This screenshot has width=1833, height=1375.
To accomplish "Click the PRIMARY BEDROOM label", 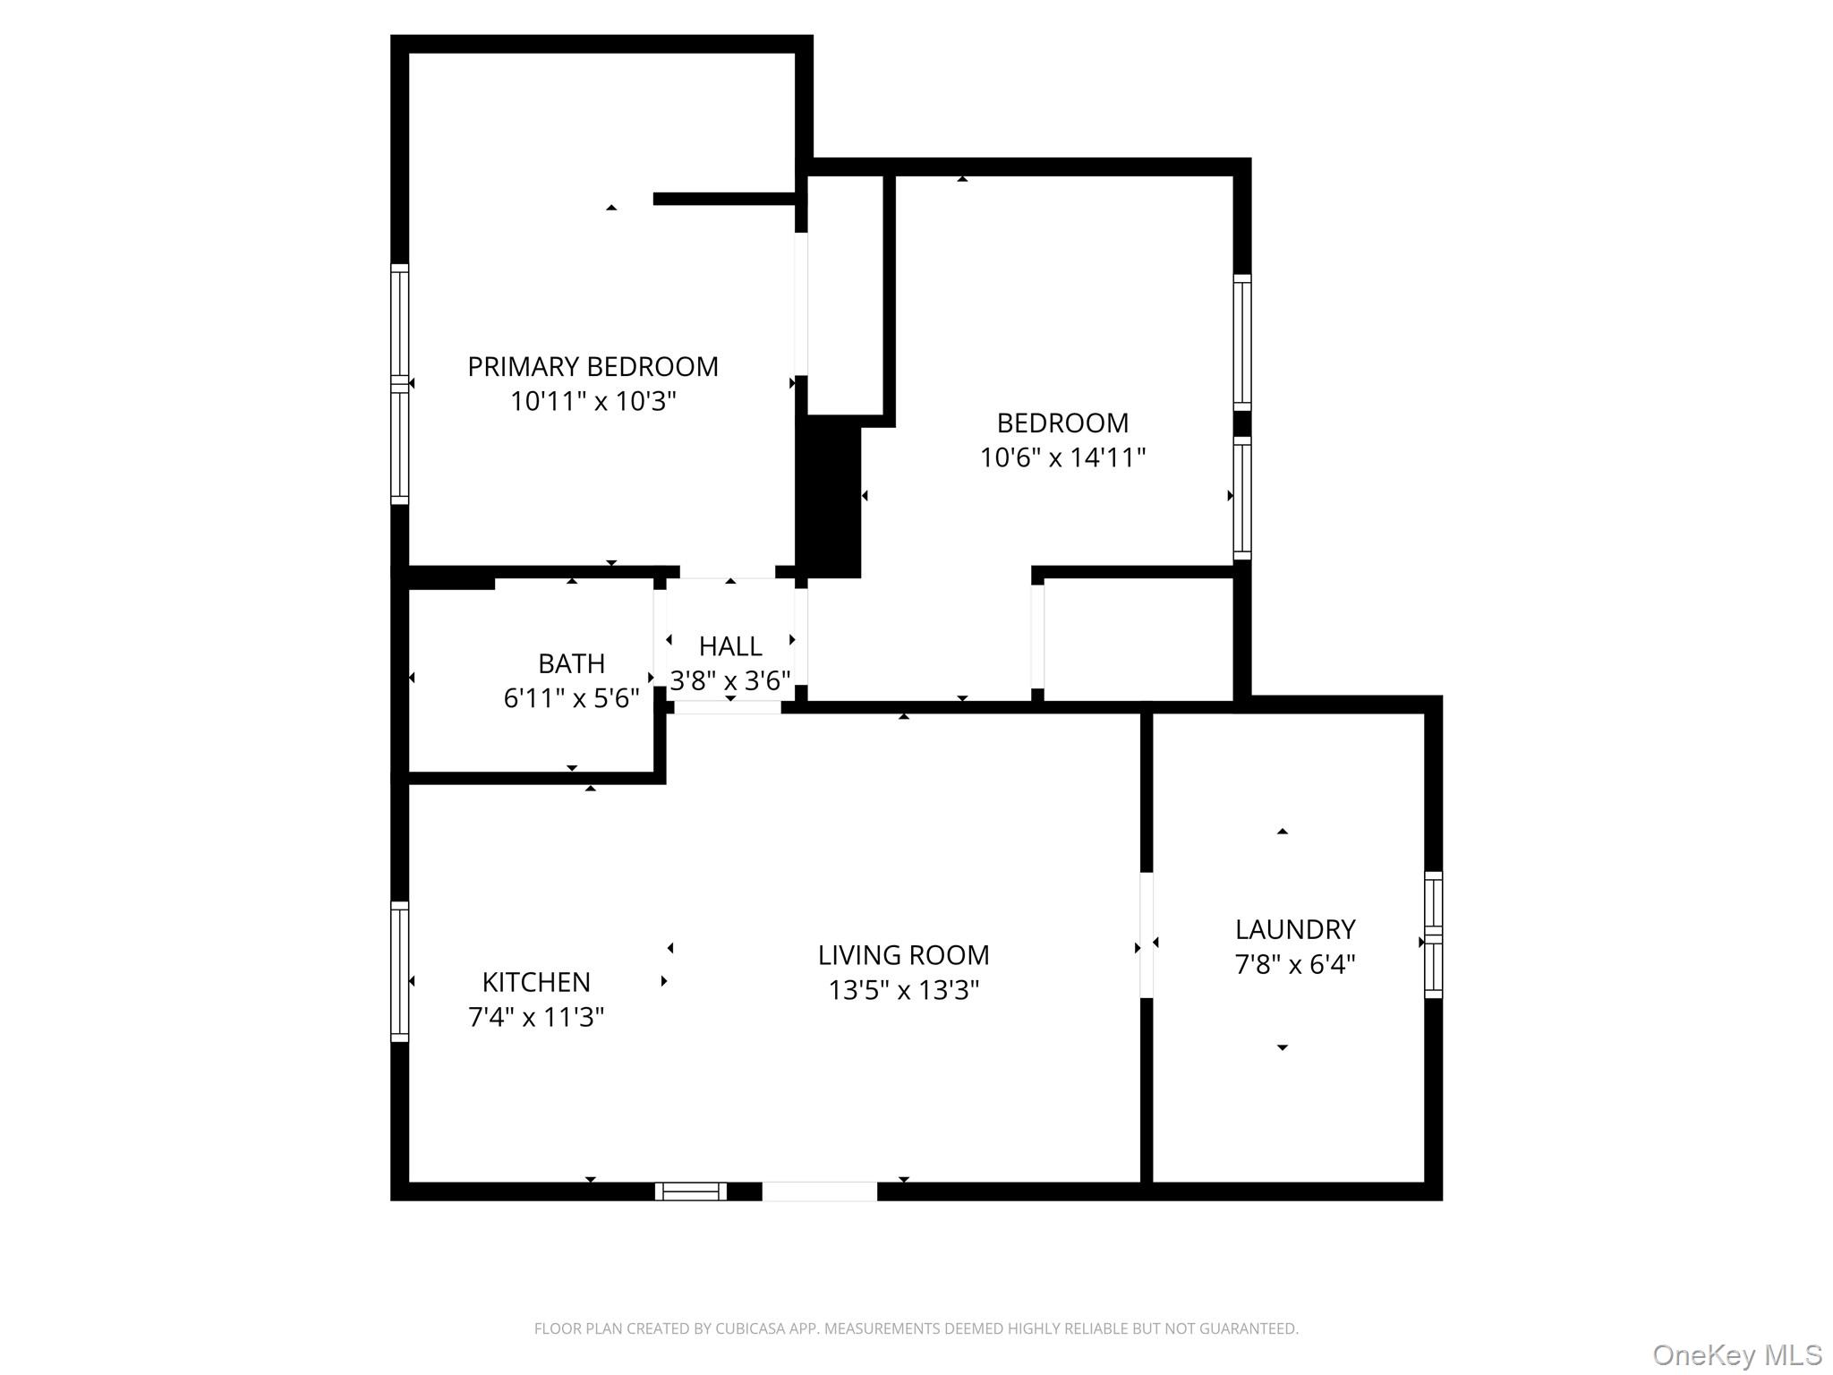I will (593, 367).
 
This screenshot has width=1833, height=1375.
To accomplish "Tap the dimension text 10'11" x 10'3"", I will (593, 402).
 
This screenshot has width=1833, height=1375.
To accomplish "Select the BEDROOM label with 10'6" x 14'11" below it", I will (1062, 423).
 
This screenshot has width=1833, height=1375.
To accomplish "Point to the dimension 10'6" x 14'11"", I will (1062, 458).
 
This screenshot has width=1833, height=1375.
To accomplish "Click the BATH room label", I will (571, 663).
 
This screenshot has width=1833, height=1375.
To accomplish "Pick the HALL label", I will (730, 646).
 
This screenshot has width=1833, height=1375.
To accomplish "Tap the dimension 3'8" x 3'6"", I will (730, 681).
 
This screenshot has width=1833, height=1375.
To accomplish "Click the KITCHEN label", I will (536, 982).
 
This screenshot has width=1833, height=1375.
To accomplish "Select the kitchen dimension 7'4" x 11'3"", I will (536, 1018).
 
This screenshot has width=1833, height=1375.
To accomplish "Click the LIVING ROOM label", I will (903, 955).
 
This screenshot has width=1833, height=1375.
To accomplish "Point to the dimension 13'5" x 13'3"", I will (903, 991).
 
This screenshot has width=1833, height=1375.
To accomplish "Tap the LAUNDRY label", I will (1294, 929).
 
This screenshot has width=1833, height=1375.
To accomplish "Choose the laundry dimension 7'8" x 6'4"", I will (1294, 965).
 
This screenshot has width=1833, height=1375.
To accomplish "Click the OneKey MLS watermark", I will (1736, 1354).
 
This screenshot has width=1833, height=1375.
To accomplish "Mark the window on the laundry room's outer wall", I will (1433, 935).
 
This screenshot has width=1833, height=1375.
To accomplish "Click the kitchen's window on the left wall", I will (400, 971).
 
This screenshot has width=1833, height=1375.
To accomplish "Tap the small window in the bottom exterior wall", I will (690, 1191).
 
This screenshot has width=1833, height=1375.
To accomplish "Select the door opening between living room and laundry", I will (1146, 935).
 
